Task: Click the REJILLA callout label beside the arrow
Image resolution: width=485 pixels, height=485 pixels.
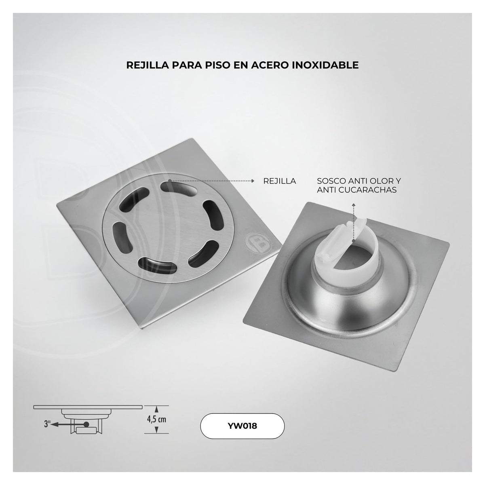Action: pos(280,181)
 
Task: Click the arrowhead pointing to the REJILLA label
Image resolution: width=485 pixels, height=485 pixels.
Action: pos(253,181)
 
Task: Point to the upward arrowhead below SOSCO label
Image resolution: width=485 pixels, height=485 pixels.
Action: pos(354,205)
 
